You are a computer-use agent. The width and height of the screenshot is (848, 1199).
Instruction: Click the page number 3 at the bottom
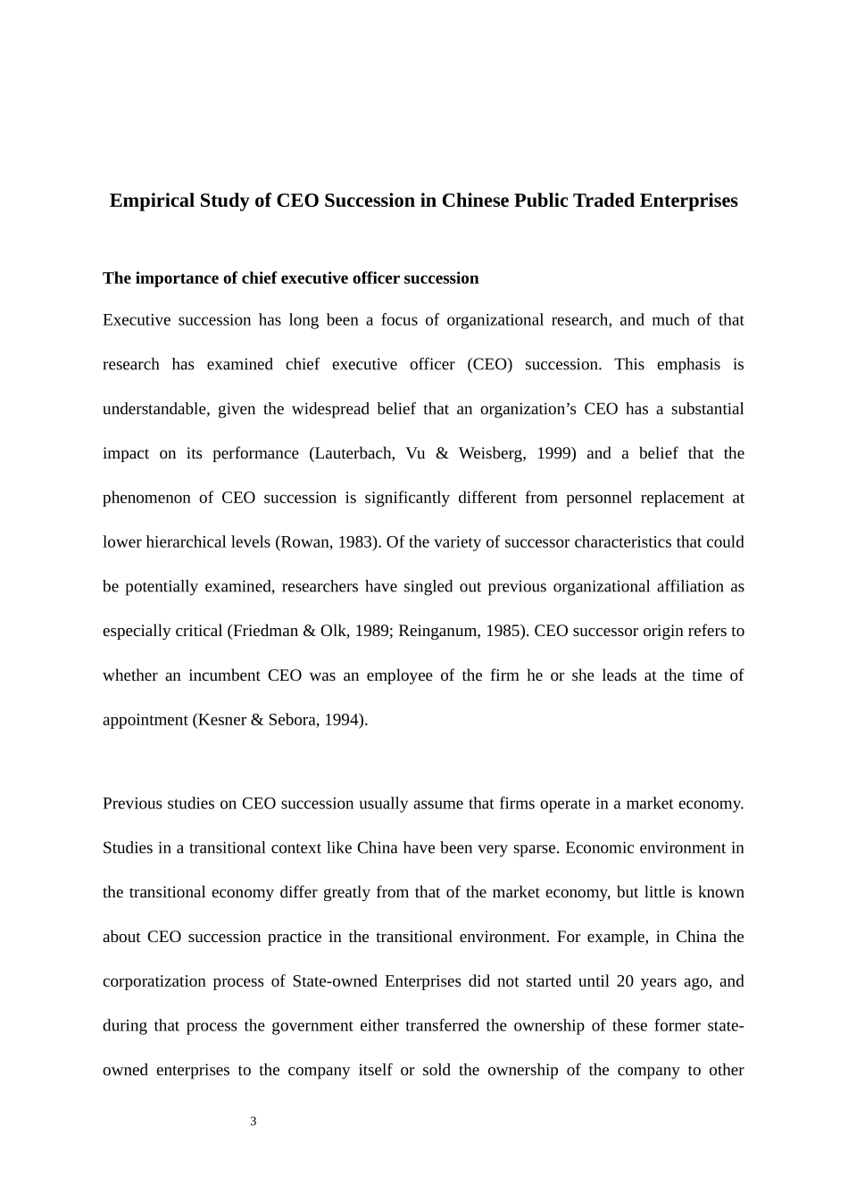point(254,1121)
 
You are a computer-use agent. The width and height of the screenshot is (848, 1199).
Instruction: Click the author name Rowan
point(303,542)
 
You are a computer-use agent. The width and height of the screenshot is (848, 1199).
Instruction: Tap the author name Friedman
point(265,632)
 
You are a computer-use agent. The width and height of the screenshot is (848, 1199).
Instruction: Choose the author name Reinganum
point(439,632)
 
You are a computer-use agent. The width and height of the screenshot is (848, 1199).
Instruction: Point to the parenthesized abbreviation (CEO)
point(490,365)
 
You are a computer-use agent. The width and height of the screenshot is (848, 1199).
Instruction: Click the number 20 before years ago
point(625,981)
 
